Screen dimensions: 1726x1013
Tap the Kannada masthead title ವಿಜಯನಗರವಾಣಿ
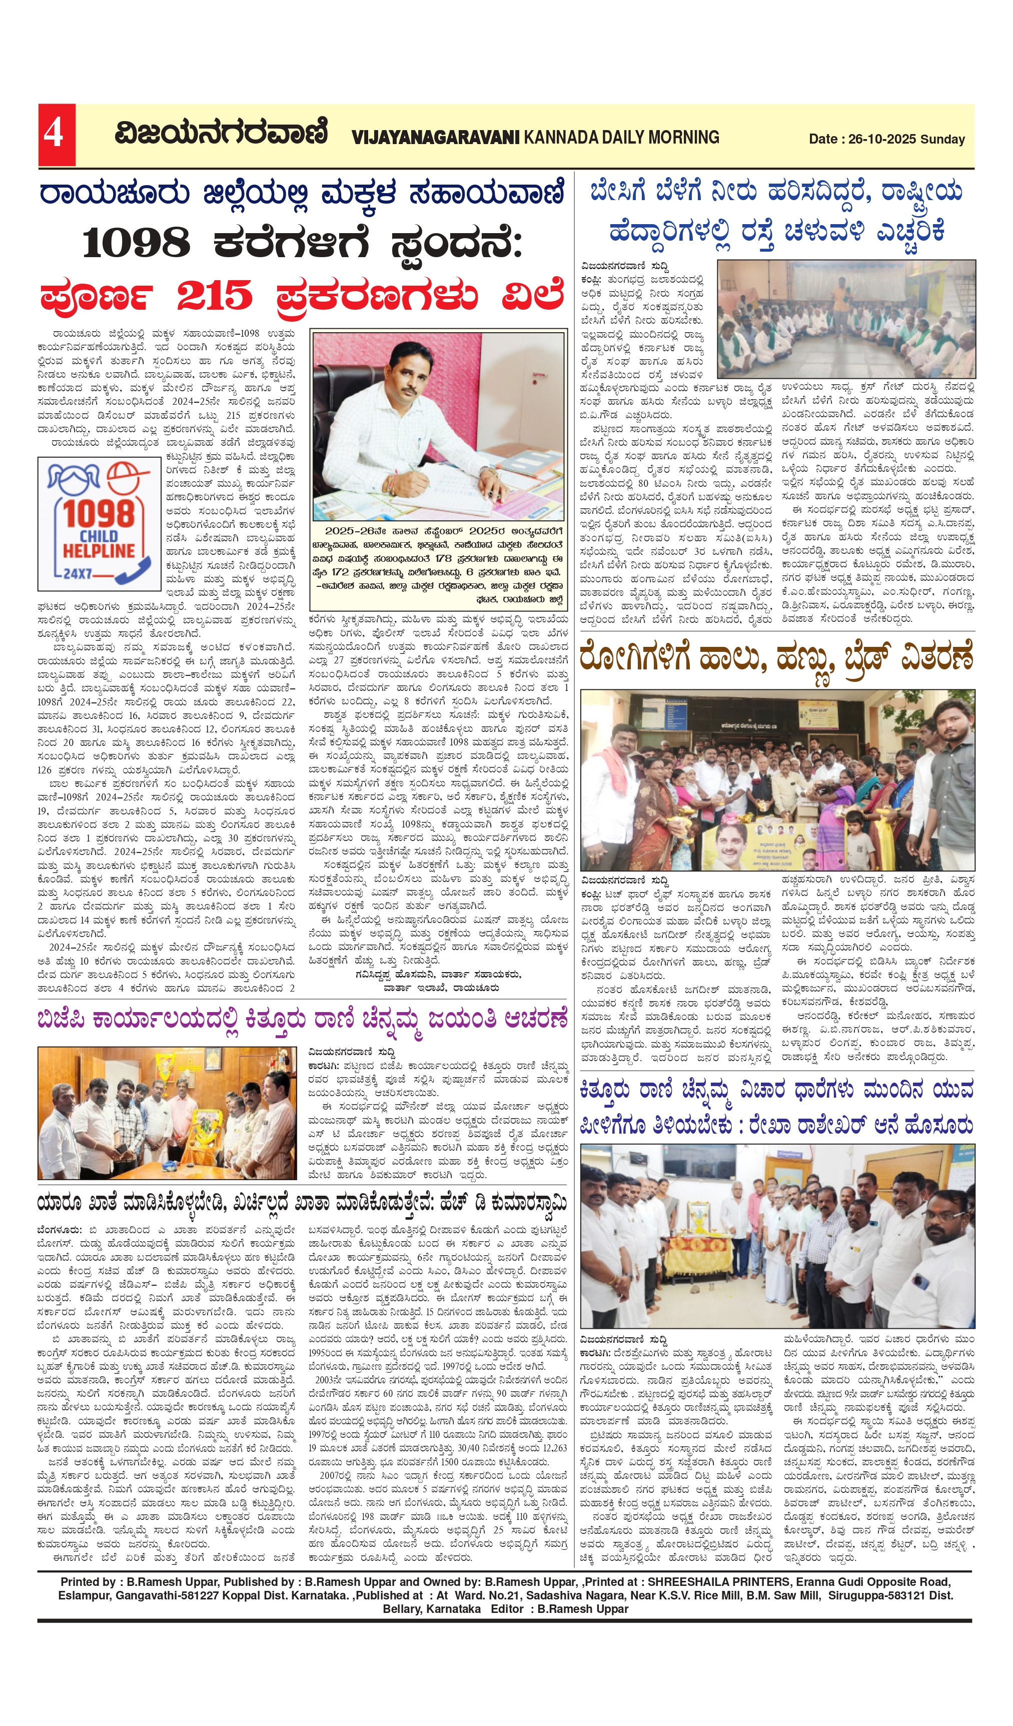[x=221, y=132]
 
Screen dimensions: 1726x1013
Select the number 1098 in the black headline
[x=136, y=243]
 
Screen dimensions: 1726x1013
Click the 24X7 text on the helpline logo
[x=78, y=573]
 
